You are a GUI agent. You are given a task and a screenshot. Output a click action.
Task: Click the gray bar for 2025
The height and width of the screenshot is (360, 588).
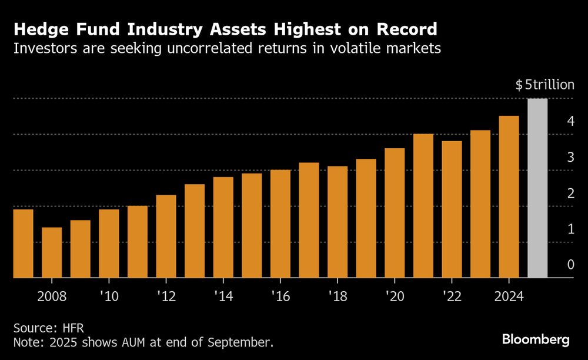[537, 188]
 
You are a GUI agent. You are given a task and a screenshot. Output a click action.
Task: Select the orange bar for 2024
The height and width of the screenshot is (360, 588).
[509, 197]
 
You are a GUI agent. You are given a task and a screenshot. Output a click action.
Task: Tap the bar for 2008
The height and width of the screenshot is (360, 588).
[52, 253]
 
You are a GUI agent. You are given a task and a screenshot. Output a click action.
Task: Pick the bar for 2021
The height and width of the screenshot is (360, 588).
[423, 206]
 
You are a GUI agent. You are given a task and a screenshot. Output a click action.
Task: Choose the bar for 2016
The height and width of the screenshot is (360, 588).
[280, 224]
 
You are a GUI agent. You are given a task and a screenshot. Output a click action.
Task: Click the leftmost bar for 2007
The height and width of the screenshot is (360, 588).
[22, 244]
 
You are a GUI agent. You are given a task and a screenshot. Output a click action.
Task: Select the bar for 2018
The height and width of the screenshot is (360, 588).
[338, 222]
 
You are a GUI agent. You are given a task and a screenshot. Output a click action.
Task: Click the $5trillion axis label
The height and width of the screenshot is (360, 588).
[544, 85]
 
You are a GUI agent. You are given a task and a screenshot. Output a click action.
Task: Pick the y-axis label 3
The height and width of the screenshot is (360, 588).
[570, 157]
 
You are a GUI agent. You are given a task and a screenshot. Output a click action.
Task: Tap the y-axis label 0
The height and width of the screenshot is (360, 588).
[570, 265]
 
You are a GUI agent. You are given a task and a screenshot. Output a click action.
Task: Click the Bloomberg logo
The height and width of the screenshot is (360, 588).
[536, 339]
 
